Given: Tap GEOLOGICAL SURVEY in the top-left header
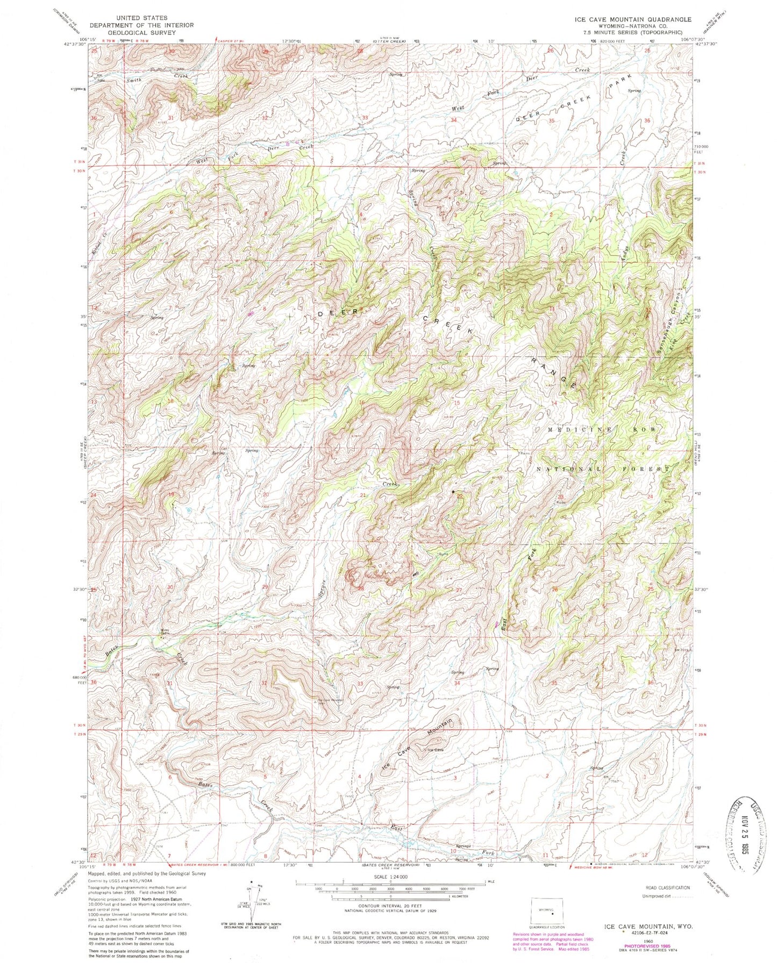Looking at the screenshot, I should point(141,32).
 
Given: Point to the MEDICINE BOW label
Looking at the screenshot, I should point(602,430).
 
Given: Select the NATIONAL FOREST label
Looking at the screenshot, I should point(603,469).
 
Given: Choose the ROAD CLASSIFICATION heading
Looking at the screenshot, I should point(667,888).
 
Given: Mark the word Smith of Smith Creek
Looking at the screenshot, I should point(134,80).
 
